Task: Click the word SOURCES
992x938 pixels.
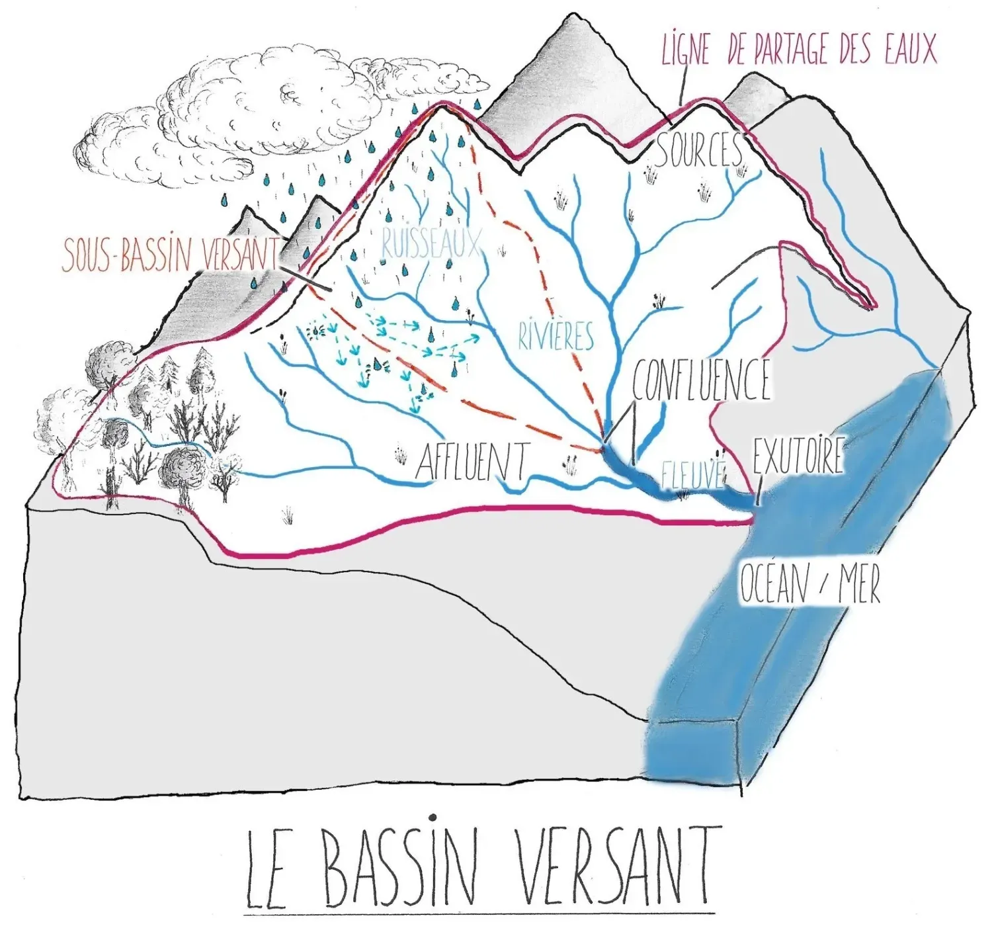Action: click(699, 151)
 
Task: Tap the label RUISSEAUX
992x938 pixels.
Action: click(431, 243)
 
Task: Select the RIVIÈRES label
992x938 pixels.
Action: click(556, 336)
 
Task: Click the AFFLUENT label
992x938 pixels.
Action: click(472, 461)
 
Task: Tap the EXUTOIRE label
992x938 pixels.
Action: click(798, 455)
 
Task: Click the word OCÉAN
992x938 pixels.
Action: click(774, 584)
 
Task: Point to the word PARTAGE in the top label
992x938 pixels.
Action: click(792, 50)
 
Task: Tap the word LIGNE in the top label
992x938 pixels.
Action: click(685, 50)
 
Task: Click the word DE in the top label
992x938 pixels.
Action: click(735, 51)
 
